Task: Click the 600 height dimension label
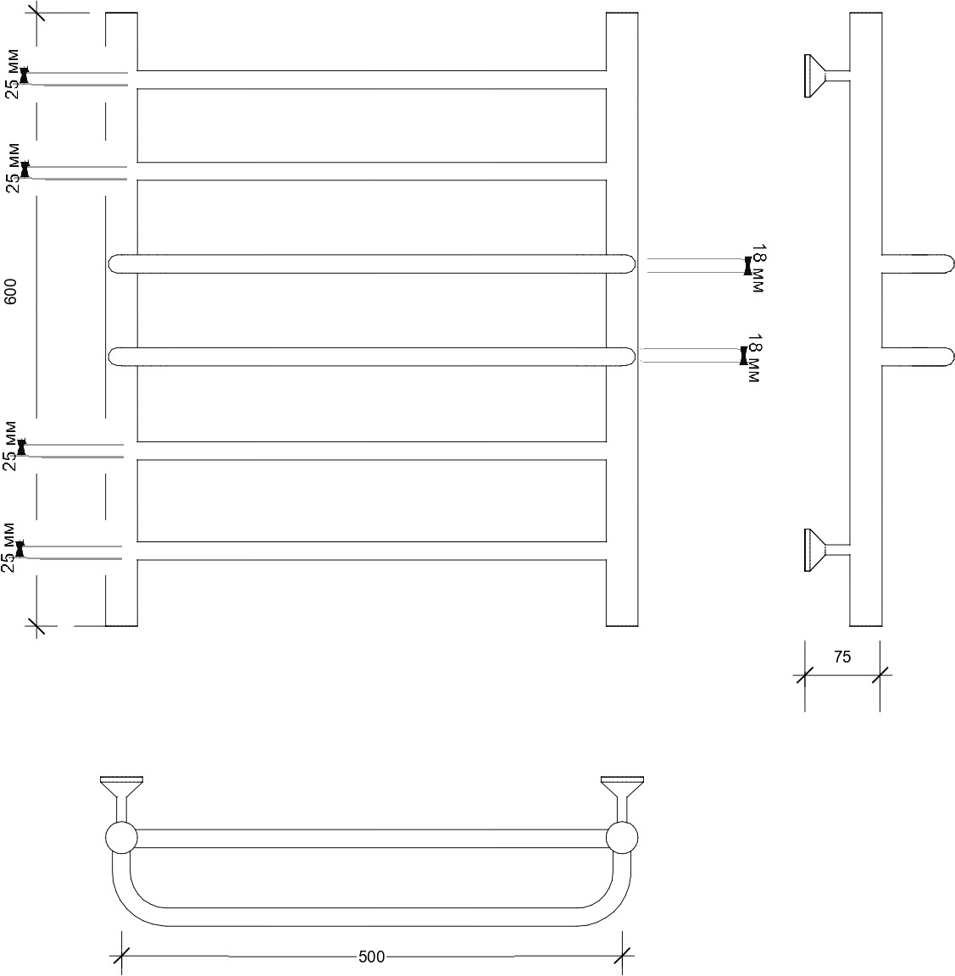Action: pyautogui.click(x=11, y=291)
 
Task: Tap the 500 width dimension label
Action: pyautogui.click(x=372, y=956)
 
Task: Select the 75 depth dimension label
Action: pyautogui.click(x=841, y=657)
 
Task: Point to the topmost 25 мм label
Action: pyautogui.click(x=13, y=74)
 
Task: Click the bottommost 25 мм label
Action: pyautogui.click(x=8, y=548)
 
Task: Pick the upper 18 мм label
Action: pyautogui.click(x=758, y=269)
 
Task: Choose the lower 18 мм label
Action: pyautogui.click(x=754, y=358)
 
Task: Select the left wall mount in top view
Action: pyautogui.click(x=121, y=799)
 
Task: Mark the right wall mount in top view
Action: pyautogui.click(x=622, y=799)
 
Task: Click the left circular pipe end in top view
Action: pyautogui.click(x=121, y=838)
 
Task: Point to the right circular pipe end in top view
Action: pyautogui.click(x=622, y=838)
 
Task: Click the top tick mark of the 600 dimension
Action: pyautogui.click(x=36, y=13)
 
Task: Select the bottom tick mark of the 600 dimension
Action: pyautogui.click(x=36, y=626)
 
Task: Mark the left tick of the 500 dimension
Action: pyautogui.click(x=121, y=956)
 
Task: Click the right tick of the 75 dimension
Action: pyautogui.click(x=880, y=675)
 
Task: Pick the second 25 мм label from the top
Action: pyautogui.click(x=13, y=168)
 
